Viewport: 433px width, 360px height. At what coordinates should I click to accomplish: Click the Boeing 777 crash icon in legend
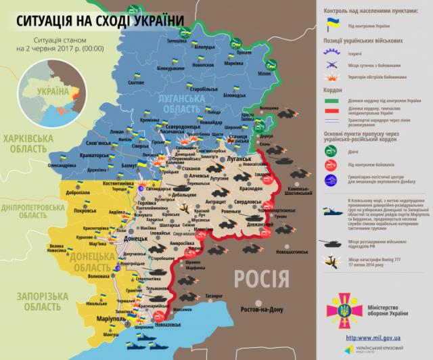click(x=329, y=261)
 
